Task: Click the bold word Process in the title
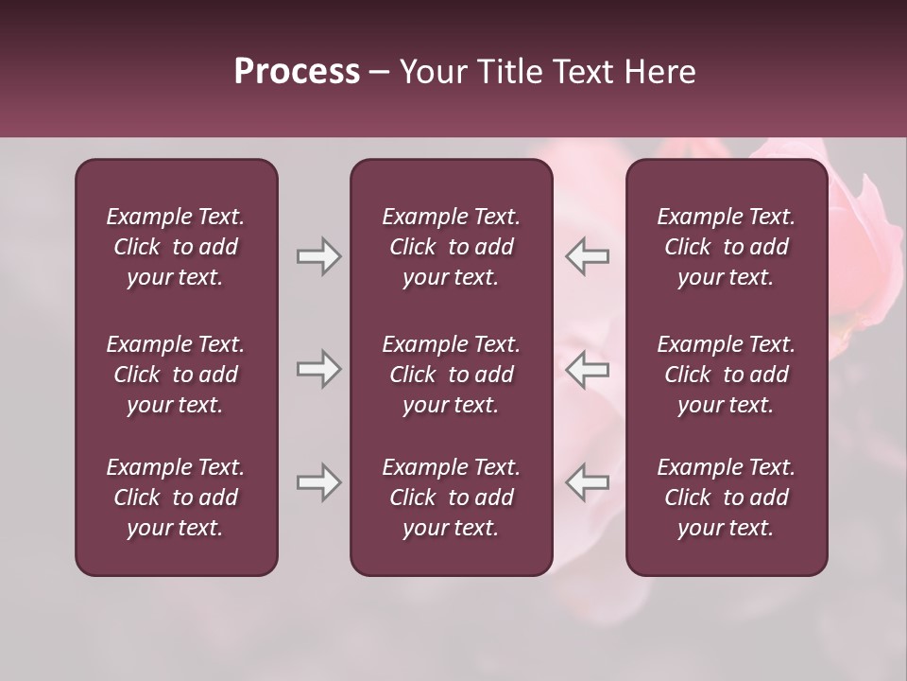tap(297, 72)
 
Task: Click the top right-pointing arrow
tap(318, 256)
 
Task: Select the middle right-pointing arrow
tap(318, 369)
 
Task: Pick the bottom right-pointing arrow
tap(318, 482)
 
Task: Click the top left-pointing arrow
tap(587, 256)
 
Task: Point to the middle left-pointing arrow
tap(587, 369)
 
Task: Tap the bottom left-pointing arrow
tap(587, 482)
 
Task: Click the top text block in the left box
tap(176, 247)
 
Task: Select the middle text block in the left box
tap(176, 375)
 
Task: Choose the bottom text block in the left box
tap(176, 498)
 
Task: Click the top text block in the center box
tap(451, 247)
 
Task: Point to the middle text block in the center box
tap(451, 375)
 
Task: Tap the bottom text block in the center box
tap(451, 498)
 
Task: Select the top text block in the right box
tap(726, 247)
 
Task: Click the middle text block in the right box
tap(726, 375)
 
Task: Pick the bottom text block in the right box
tap(726, 498)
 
